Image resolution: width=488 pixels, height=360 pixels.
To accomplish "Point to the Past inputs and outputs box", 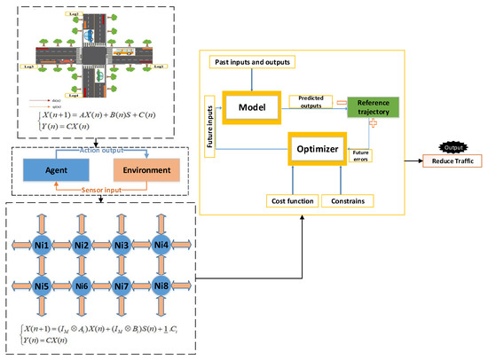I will pyautogui.click(x=251, y=61).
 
